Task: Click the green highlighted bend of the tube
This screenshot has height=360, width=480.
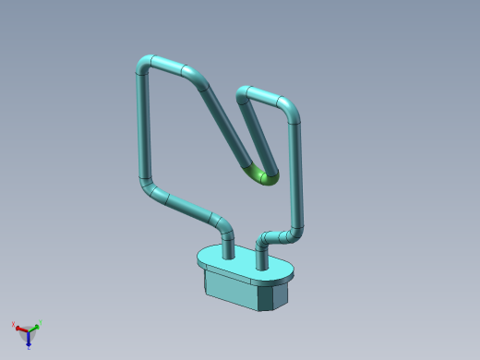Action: (264, 175)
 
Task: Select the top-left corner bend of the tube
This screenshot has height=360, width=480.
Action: (144, 65)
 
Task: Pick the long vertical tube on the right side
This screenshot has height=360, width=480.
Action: (295, 175)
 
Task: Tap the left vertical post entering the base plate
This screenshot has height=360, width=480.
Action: (228, 244)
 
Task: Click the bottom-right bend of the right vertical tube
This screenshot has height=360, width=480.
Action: (293, 234)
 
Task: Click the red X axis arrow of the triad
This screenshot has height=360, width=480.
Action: (17, 325)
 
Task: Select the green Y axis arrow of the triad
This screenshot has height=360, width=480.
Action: (37, 325)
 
